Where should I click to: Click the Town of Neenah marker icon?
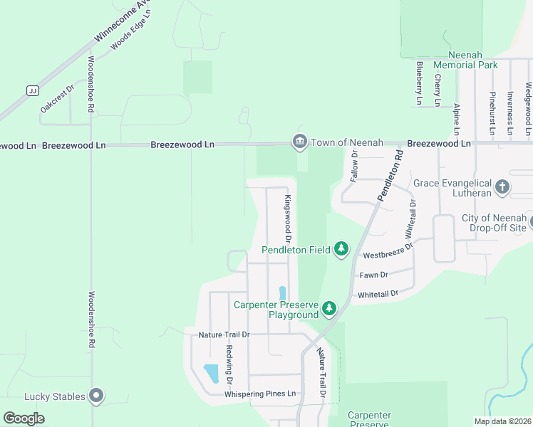(299, 142)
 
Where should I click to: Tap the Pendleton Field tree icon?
(342, 248)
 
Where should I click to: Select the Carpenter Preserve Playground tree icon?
(328, 308)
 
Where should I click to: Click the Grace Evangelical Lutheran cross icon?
(502, 186)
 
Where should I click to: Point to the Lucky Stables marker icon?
(97, 396)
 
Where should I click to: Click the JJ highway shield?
(32, 90)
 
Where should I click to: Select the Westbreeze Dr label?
(388, 251)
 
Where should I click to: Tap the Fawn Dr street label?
(373, 275)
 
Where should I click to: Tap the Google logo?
(24, 418)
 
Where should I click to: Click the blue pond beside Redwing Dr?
(212, 373)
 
